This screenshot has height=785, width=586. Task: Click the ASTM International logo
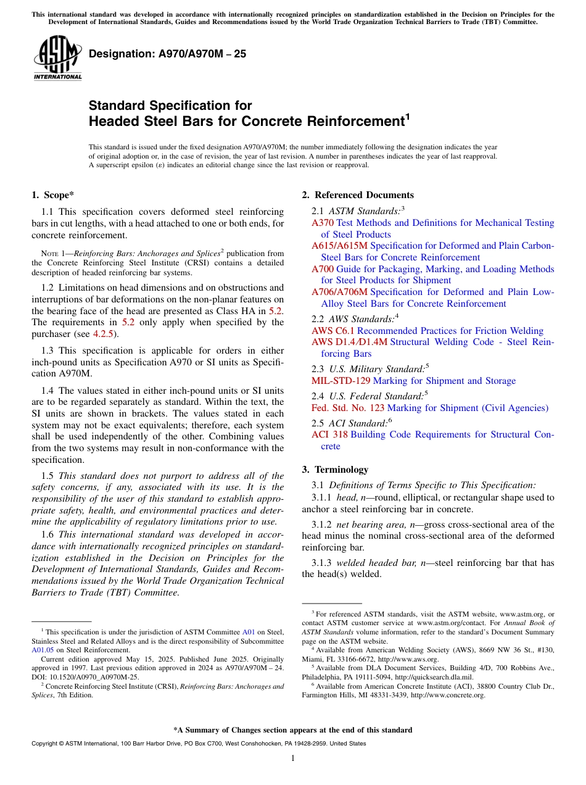[57, 57]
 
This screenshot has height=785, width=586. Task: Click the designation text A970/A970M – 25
[167, 54]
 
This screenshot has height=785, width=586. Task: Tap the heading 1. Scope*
[53, 195]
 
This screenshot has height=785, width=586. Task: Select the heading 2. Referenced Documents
[358, 195]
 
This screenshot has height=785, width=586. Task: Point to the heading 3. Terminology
[335, 469]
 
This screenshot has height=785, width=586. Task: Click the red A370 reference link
[323, 223]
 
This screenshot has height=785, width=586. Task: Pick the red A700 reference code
[323, 269]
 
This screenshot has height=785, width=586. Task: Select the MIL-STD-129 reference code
[341, 381]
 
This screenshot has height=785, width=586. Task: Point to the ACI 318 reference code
[329, 434]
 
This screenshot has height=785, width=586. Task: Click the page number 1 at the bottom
[293, 758]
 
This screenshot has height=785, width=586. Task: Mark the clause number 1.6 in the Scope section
[47, 534]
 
